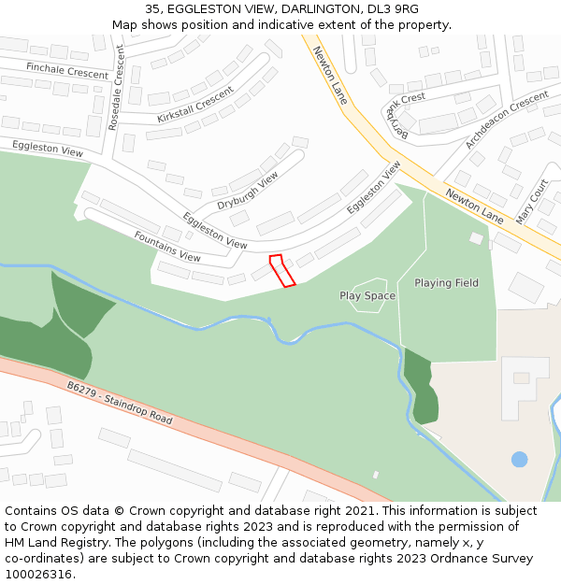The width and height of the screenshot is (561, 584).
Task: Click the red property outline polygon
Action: [x=282, y=270]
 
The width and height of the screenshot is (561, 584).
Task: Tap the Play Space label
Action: [x=367, y=296]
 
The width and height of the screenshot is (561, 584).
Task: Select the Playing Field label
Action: [x=446, y=283]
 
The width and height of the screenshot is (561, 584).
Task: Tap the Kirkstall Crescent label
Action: [x=195, y=104]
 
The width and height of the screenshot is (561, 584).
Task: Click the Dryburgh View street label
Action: [x=248, y=192]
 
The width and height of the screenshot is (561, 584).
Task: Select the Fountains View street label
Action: [x=167, y=247]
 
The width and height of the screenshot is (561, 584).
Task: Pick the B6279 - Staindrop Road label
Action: [x=120, y=404]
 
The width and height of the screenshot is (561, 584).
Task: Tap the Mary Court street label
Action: [x=532, y=202]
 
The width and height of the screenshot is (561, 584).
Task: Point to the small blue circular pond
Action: [x=519, y=459]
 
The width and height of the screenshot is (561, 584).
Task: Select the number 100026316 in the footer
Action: [x=38, y=574]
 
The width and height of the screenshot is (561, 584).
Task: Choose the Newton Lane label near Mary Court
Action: [x=474, y=205]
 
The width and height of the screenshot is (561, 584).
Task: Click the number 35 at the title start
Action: [x=152, y=9]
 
